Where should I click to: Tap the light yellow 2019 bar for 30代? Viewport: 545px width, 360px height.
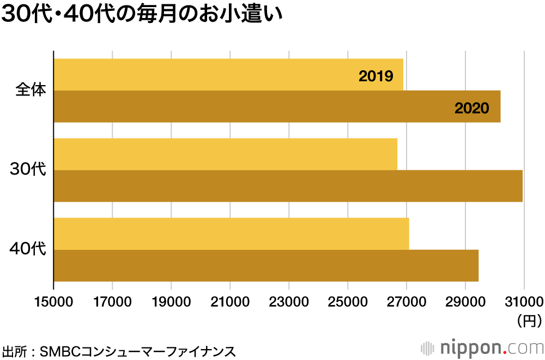point(225,154)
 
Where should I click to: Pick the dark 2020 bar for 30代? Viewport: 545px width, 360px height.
point(288,186)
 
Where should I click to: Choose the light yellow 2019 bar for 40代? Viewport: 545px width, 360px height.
point(231,234)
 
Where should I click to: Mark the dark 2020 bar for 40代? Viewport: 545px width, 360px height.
point(266,266)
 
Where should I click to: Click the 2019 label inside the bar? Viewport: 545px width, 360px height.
point(376,76)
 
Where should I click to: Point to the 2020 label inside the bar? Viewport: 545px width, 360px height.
point(472,108)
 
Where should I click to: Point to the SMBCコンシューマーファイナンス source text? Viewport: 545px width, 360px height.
point(138,350)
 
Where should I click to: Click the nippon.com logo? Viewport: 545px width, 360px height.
point(482,347)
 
